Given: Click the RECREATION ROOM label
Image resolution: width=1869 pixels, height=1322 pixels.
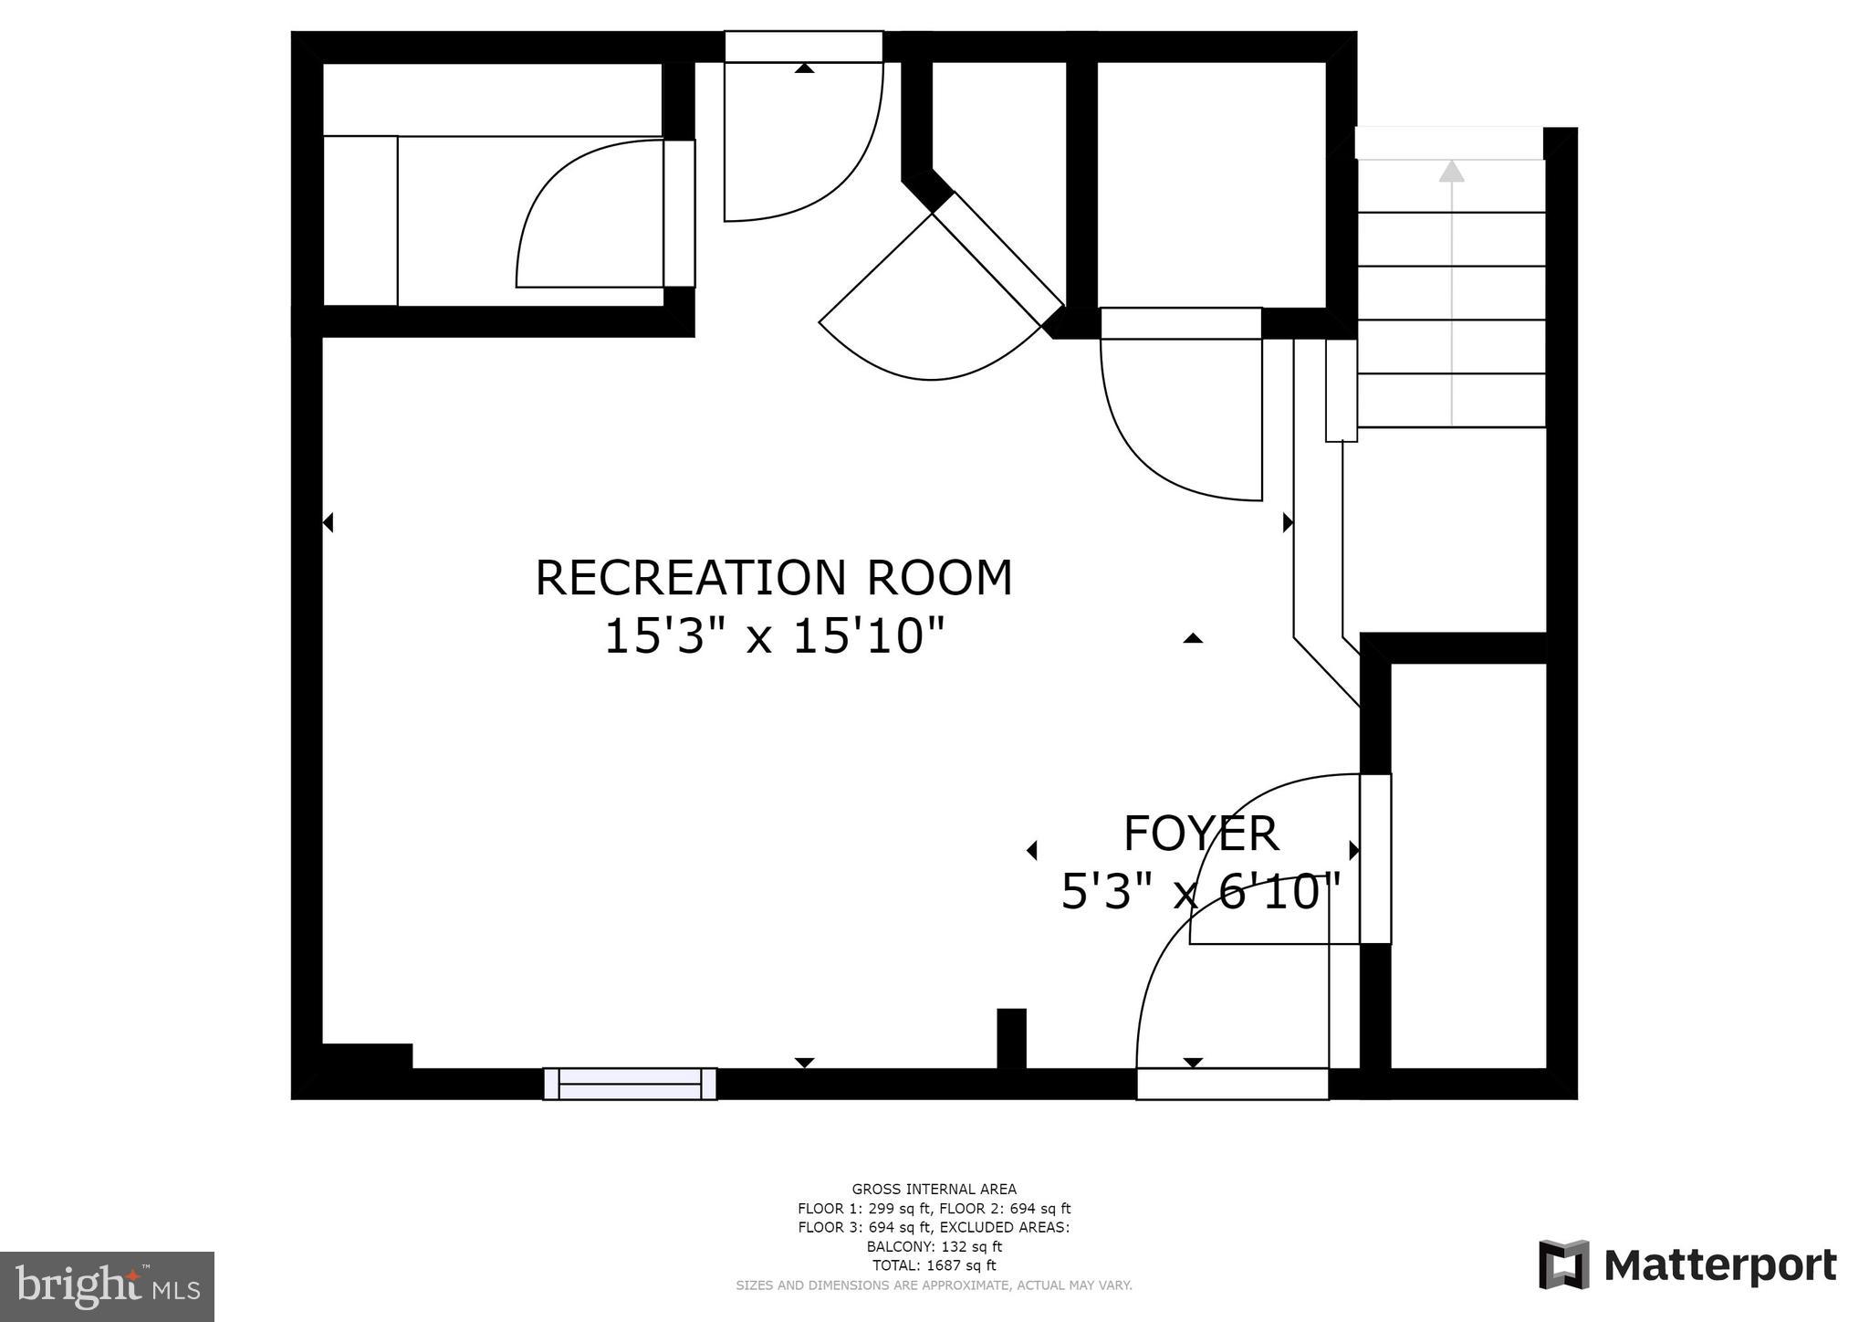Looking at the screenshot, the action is point(774,578).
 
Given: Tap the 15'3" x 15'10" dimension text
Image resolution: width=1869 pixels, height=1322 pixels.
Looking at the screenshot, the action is point(774,635).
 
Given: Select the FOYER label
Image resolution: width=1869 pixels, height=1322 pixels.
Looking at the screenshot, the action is point(1200,833).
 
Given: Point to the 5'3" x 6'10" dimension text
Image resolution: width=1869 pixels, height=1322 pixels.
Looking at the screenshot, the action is point(1200,890).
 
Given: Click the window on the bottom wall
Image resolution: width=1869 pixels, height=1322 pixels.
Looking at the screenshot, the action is point(630,1084).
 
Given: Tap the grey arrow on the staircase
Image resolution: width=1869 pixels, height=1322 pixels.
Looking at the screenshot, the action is point(1451,293).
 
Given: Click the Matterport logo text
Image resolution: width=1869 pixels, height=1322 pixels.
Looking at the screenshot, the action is point(1720,1265).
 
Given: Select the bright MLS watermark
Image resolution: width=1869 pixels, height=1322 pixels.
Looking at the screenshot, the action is point(108,1286).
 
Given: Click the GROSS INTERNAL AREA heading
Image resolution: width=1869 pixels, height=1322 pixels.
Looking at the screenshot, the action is point(934,1189).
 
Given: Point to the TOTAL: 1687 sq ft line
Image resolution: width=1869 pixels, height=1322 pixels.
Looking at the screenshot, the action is point(934,1265).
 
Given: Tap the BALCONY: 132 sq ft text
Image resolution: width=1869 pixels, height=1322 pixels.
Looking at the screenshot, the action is point(934,1246).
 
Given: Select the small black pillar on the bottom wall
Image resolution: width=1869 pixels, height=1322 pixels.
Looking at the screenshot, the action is point(1011,1038).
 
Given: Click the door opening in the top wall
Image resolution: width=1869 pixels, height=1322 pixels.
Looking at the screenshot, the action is point(804,47).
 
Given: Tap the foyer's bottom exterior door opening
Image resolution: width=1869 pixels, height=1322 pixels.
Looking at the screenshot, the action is point(1232,1084).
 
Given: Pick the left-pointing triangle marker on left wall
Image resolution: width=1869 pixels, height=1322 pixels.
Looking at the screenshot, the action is point(329,522).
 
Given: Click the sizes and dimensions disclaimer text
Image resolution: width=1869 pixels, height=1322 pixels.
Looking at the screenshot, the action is point(934,1285).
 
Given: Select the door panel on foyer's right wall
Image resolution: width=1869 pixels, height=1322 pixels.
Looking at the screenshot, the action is point(1375,859).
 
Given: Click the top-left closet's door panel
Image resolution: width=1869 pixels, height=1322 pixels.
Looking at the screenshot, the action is point(679,214).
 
